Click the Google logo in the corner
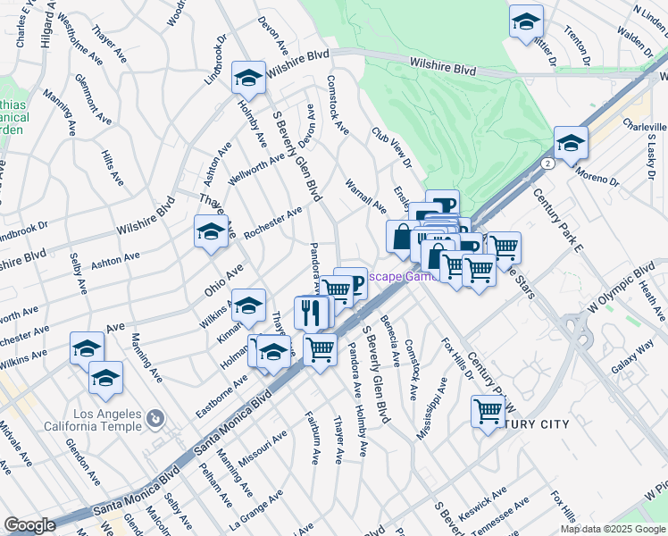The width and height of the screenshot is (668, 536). tap(29, 525)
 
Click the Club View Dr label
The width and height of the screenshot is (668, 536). tap(391, 147)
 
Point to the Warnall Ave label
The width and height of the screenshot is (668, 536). tap(365, 196)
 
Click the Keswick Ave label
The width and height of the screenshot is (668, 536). tap(482, 503)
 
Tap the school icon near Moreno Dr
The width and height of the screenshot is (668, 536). tap(570, 143)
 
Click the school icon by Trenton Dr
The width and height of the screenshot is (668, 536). tap(527, 21)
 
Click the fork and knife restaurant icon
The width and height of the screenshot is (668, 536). tap(311, 312)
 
